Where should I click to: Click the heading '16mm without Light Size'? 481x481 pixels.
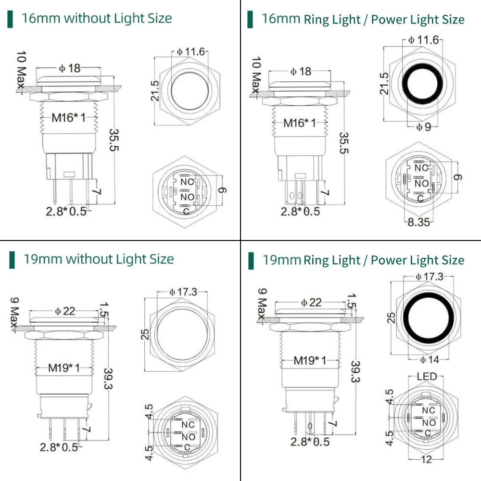pos(97,19)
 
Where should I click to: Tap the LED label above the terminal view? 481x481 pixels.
pos(426,376)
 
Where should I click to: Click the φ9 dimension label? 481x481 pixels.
pos(424,127)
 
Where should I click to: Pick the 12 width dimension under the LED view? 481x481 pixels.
pos(427,459)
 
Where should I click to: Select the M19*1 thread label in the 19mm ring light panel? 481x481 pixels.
pos(310,360)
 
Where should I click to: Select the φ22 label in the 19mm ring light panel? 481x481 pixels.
pos(311,302)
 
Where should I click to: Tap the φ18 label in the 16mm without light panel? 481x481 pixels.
pos(70,68)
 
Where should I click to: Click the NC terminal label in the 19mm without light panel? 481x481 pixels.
pos(188,425)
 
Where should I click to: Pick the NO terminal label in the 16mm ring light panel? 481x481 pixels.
pos(421,183)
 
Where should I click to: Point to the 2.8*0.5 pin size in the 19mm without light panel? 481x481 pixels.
pos(59,447)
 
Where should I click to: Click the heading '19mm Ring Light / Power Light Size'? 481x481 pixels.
pos(363,260)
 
